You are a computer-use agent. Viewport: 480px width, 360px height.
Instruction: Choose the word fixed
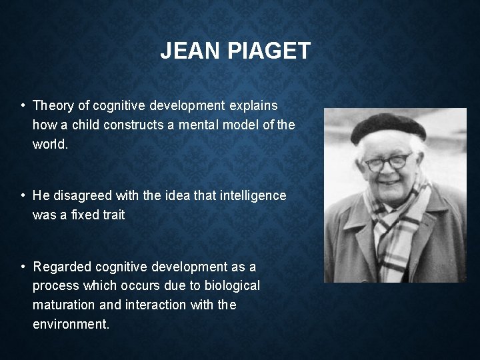tap(81, 215)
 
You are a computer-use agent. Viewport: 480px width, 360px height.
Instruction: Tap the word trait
tap(113, 215)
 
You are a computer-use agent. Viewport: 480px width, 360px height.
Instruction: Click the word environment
tap(71, 325)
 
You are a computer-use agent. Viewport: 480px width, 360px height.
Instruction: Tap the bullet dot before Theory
tap(23, 105)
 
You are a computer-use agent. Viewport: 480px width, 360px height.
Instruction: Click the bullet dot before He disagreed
tap(23, 195)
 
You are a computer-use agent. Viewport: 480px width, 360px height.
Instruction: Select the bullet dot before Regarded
tap(23, 267)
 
